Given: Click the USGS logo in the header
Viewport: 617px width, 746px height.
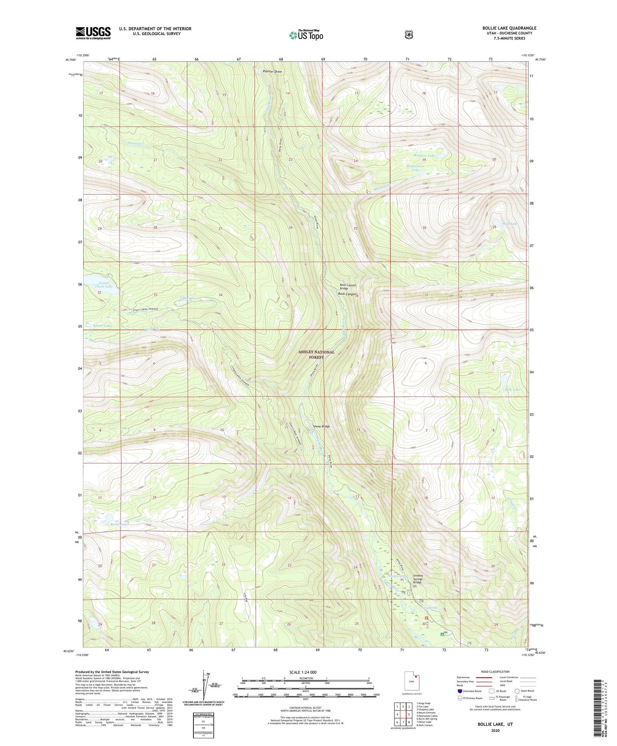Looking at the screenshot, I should coord(93,33).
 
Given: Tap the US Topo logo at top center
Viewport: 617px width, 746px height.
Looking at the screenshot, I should coord(306,35).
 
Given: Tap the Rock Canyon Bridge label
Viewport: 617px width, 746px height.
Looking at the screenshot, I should coord(348,287).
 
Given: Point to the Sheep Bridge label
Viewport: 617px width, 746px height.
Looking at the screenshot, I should coord(321,426).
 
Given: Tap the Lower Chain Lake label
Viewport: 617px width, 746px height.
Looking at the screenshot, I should coord(104,285).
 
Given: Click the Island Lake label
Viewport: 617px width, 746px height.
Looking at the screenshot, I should coord(102,326).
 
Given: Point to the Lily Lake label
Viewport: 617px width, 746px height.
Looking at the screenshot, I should coord(187,297).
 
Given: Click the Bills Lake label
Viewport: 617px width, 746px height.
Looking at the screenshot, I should coord(512,390).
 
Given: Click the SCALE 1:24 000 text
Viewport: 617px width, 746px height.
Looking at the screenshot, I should coord(303,672).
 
